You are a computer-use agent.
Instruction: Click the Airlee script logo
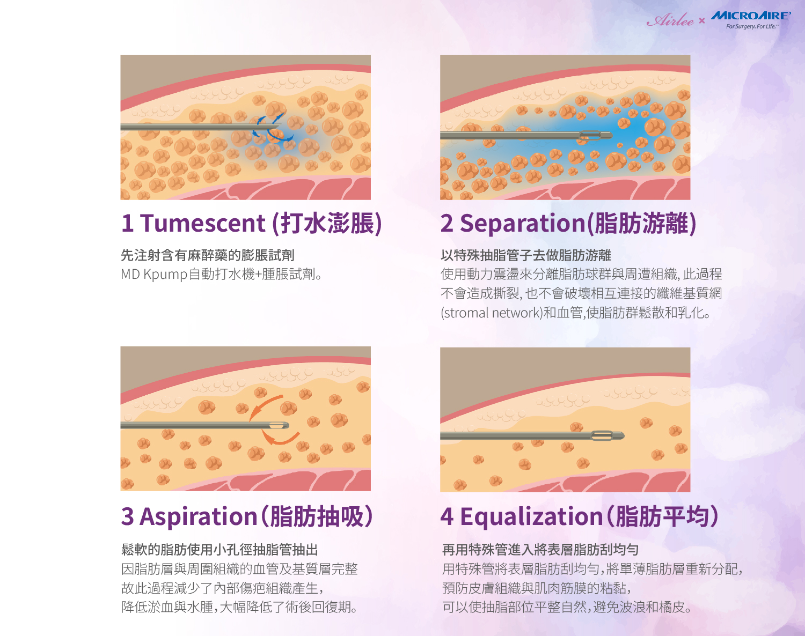[x=670, y=20]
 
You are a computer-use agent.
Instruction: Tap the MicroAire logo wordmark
[x=750, y=16]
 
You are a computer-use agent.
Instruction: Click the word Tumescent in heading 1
[x=202, y=223]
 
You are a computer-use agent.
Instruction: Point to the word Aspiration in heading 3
[x=198, y=517]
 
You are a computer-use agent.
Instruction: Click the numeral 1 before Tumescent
[x=127, y=223]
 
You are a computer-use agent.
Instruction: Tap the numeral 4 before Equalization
[x=447, y=517]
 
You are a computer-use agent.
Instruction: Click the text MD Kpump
[x=153, y=275]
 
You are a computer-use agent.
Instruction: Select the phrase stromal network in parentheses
[x=492, y=313]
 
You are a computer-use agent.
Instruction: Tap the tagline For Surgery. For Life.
[x=752, y=26]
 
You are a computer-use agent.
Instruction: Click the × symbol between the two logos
[x=702, y=20]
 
